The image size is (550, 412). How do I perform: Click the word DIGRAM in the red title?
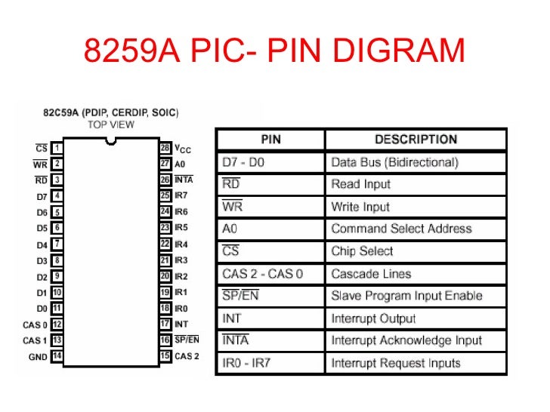click(x=400, y=52)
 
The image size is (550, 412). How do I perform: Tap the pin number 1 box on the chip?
click(x=57, y=148)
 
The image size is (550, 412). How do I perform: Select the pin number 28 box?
click(x=165, y=148)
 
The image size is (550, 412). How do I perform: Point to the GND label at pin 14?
click(x=38, y=356)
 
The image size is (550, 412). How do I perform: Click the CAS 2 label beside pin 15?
click(x=187, y=355)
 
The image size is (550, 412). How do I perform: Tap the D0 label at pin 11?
click(x=42, y=308)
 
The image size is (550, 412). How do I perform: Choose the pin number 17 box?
click(x=165, y=324)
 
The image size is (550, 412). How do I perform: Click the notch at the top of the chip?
click(x=111, y=140)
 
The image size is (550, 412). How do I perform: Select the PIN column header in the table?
click(x=270, y=140)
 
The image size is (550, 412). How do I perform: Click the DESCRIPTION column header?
click(x=416, y=140)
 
